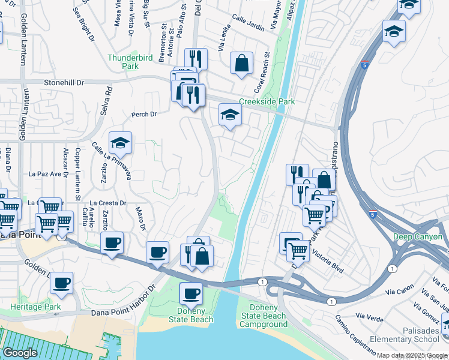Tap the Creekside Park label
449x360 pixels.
[267, 102]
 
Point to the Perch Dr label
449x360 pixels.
[144, 114]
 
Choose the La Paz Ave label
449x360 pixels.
[46, 175]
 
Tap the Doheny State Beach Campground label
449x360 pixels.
[264, 316]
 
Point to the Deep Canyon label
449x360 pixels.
[418, 237]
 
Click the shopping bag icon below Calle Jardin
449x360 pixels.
[241, 63]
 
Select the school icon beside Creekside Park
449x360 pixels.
[229, 115]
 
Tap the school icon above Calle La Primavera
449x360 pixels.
[120, 143]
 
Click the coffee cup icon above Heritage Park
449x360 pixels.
[61, 282]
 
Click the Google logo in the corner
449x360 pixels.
[20, 353]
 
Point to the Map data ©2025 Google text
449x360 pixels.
[412, 355]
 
